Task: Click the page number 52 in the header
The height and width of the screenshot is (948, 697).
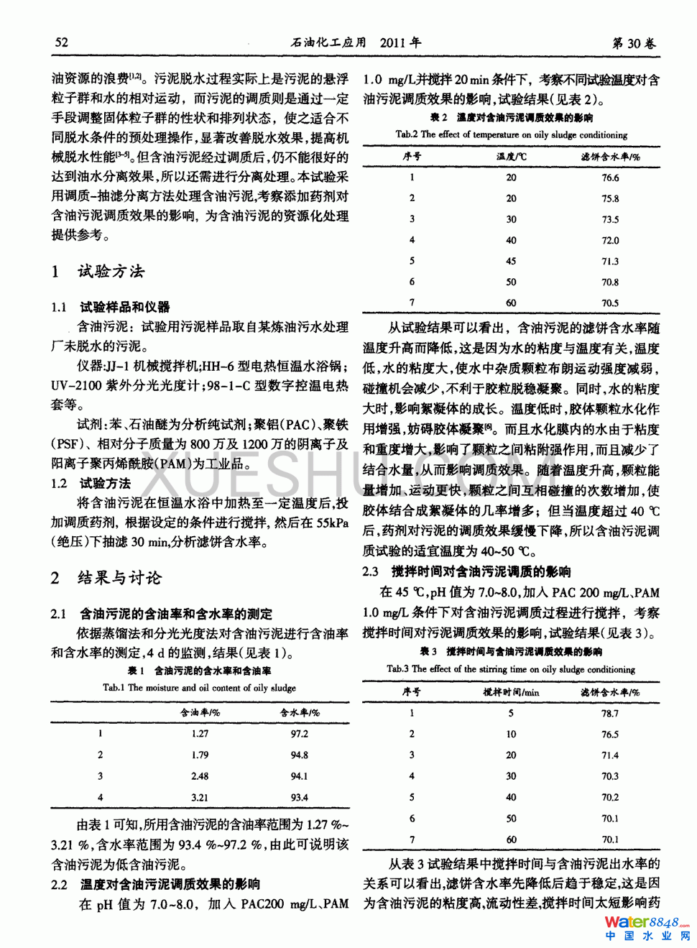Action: pyautogui.click(x=62, y=42)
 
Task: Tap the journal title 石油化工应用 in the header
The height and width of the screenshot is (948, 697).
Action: pyautogui.click(x=328, y=42)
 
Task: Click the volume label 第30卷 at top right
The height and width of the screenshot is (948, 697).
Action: pyautogui.click(x=634, y=43)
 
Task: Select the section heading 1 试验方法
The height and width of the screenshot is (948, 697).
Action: pyautogui.click(x=98, y=271)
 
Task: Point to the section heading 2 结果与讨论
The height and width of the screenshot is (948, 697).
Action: pyautogui.click(x=106, y=578)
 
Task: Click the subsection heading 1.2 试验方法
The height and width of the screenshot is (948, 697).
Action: pyautogui.click(x=91, y=484)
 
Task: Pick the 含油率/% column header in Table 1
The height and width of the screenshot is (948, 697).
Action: pyautogui.click(x=200, y=712)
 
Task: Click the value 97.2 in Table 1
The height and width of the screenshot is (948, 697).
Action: pyautogui.click(x=299, y=734)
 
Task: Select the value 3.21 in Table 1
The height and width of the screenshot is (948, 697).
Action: pyautogui.click(x=200, y=797)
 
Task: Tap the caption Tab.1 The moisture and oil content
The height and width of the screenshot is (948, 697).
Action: pyautogui.click(x=199, y=688)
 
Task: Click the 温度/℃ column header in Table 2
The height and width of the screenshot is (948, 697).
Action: pyautogui.click(x=511, y=157)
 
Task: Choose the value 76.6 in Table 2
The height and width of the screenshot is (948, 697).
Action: pyautogui.click(x=610, y=178)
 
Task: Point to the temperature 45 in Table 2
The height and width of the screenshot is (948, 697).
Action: pyautogui.click(x=511, y=262)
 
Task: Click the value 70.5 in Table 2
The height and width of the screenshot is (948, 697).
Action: pyautogui.click(x=610, y=303)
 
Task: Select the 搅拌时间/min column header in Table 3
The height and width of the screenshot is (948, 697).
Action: pyautogui.click(x=511, y=692)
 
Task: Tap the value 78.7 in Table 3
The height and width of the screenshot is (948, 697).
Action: pyautogui.click(x=610, y=714)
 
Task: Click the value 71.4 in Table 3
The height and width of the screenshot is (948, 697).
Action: pyautogui.click(x=610, y=755)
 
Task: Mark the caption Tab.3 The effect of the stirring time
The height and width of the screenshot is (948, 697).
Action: pyautogui.click(x=511, y=669)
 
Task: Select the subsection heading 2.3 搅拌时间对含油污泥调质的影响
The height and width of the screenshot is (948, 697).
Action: pyautogui.click(x=467, y=572)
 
